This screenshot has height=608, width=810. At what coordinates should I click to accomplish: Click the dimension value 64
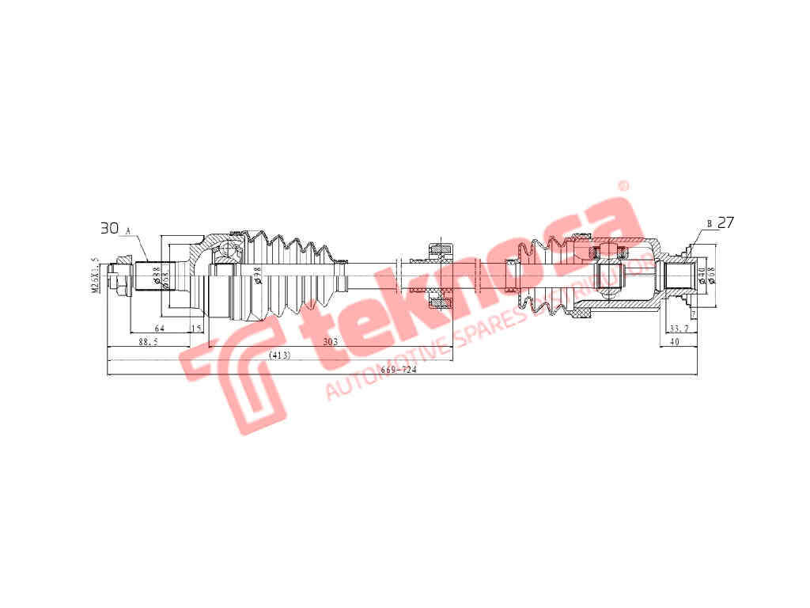point(159,328)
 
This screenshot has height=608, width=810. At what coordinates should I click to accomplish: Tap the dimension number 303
point(331,342)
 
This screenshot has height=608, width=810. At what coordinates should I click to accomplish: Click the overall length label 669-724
point(399,370)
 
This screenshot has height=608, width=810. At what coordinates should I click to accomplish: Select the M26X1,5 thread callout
point(95,275)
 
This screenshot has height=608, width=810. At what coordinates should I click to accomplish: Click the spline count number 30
point(109,228)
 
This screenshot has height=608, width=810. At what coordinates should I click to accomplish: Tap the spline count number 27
point(725,222)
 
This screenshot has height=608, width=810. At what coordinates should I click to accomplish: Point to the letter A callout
point(128,230)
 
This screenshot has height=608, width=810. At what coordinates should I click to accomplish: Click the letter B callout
point(710,225)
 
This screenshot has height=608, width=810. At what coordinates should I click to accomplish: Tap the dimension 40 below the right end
point(674,342)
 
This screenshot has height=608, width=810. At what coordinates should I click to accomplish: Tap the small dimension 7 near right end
point(693,315)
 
